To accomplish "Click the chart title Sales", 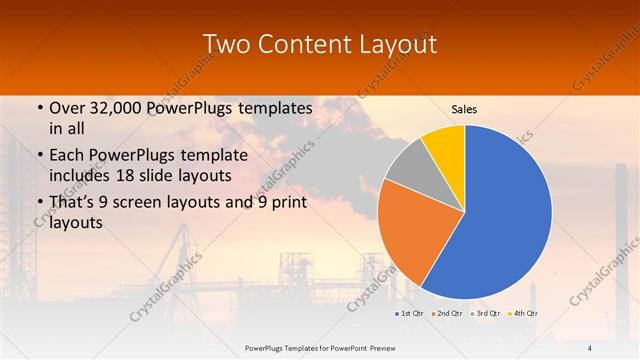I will pos(464,108).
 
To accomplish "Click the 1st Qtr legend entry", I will pos(410,314).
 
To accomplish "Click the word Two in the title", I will pos(226,44).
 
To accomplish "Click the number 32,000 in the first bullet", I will pos(114,108).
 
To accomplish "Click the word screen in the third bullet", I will pos(160,203).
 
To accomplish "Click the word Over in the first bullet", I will pos(65,108).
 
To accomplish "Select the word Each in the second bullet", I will pos(66,155).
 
